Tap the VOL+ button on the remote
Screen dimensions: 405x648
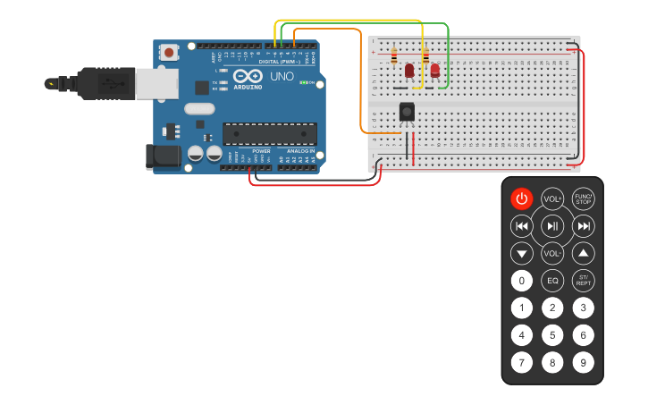552,198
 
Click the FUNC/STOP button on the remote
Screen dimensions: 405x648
583,198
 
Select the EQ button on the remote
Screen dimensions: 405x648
552,281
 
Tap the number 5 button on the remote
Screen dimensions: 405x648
552,335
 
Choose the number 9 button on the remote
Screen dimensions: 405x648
583,363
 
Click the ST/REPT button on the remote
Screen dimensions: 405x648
583,281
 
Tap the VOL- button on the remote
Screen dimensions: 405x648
552,253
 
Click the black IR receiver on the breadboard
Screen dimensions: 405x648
407,111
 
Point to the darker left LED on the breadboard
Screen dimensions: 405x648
409,70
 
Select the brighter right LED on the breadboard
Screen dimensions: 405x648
435,70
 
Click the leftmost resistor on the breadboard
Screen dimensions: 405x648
394,57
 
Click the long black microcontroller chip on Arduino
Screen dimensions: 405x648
269,133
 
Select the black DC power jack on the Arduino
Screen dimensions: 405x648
163,156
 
